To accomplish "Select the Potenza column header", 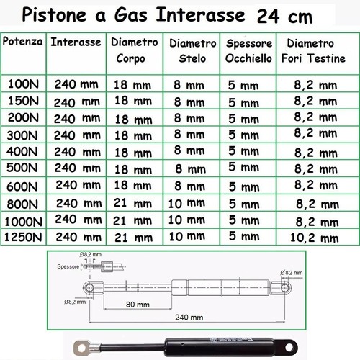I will [27, 42].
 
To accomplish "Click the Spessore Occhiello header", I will [247, 51].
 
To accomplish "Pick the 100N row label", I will [24, 84].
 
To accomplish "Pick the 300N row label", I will [24, 134].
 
